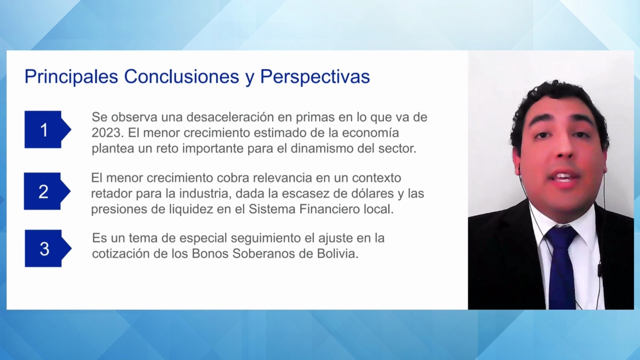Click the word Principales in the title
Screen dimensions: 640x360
(71, 77)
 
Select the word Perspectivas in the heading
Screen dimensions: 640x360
(315, 77)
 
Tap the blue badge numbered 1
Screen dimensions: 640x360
(47, 130)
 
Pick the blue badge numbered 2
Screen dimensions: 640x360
(47, 191)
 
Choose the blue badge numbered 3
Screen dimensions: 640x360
(48, 249)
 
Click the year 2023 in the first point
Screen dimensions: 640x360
(107, 133)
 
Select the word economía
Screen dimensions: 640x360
(370, 133)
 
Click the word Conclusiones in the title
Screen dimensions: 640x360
(181, 77)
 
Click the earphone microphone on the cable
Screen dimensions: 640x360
(599, 269)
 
